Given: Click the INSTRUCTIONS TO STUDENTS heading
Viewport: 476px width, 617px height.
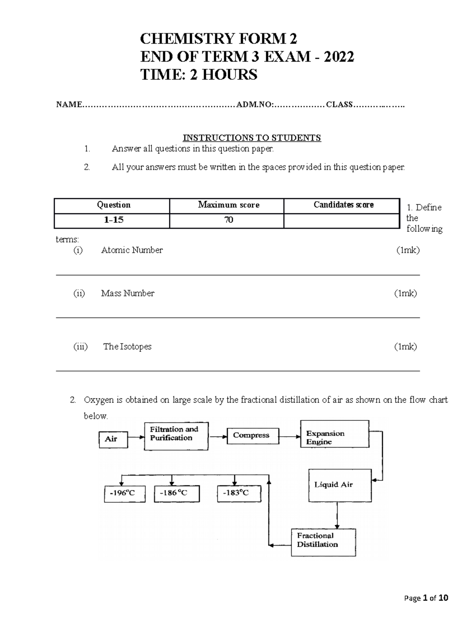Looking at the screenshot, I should point(251,138).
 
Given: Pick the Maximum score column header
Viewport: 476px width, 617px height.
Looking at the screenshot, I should point(228,205).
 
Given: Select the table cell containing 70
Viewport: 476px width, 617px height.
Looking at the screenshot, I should point(228,220).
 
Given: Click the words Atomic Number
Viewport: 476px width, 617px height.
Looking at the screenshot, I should point(132,250).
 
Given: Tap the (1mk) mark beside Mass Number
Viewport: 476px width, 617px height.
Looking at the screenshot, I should point(405,293).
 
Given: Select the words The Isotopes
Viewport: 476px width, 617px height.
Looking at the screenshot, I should point(127,346).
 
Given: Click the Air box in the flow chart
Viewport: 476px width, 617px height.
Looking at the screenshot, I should point(113,439).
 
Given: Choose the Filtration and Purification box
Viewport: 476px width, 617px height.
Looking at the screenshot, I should point(176,436).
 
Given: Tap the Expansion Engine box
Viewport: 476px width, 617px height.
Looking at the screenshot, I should point(334,434).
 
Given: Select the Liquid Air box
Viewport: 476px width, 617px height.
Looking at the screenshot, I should point(340,485).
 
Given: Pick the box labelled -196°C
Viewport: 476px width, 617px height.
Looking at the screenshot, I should point(124,493).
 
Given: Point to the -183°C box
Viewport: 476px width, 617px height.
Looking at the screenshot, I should point(239,493).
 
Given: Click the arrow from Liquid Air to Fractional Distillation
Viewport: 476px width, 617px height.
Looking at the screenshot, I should point(337,514).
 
